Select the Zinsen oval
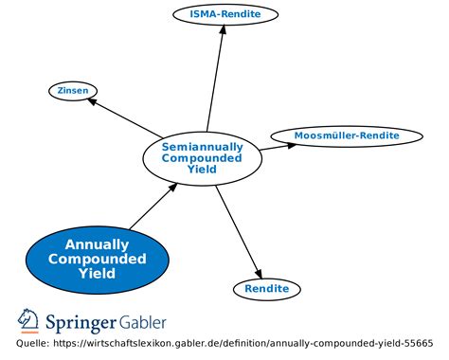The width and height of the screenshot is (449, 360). (x=73, y=90)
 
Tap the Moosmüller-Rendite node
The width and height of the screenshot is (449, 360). (x=347, y=135)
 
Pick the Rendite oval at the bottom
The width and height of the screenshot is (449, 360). (x=267, y=288)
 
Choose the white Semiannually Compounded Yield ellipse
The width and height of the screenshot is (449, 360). (x=202, y=158)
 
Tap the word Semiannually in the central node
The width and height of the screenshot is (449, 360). (x=202, y=147)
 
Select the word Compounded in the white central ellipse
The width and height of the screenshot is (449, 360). (x=202, y=158)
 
